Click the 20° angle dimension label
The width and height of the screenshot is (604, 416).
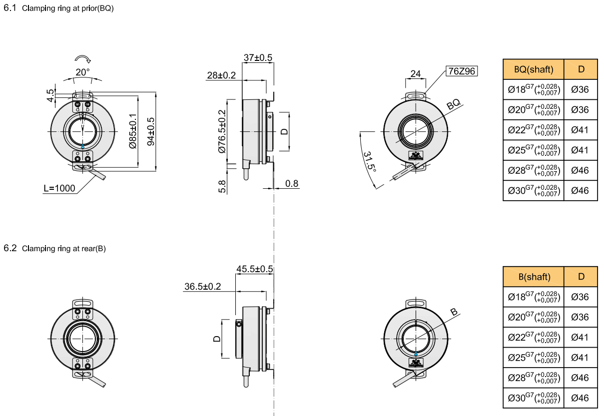(82, 72)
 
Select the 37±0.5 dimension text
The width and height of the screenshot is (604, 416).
(258, 58)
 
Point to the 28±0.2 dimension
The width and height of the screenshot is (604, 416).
(221, 75)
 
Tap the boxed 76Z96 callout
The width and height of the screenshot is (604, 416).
(462, 71)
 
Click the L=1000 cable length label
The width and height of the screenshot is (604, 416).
(59, 188)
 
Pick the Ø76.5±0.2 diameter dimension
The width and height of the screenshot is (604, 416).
(222, 131)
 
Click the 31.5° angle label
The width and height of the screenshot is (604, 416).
(369, 162)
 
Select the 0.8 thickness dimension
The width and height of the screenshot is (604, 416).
(292, 184)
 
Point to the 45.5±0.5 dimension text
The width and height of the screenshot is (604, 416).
(255, 269)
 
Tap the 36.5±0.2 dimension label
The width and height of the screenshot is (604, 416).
(202, 286)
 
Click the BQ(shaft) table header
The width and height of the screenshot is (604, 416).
(534, 69)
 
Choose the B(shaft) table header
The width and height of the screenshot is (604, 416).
(535, 277)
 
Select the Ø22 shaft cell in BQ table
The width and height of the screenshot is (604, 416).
(534, 130)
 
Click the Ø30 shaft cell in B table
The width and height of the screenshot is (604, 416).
(534, 398)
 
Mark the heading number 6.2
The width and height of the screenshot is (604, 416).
(10, 248)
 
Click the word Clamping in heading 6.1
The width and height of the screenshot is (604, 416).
(38, 8)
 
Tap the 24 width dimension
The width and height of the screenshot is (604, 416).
(416, 73)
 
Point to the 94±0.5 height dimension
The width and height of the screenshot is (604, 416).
(151, 131)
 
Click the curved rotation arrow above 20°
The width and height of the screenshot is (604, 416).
(83, 59)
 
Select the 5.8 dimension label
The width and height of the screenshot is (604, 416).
(222, 187)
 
